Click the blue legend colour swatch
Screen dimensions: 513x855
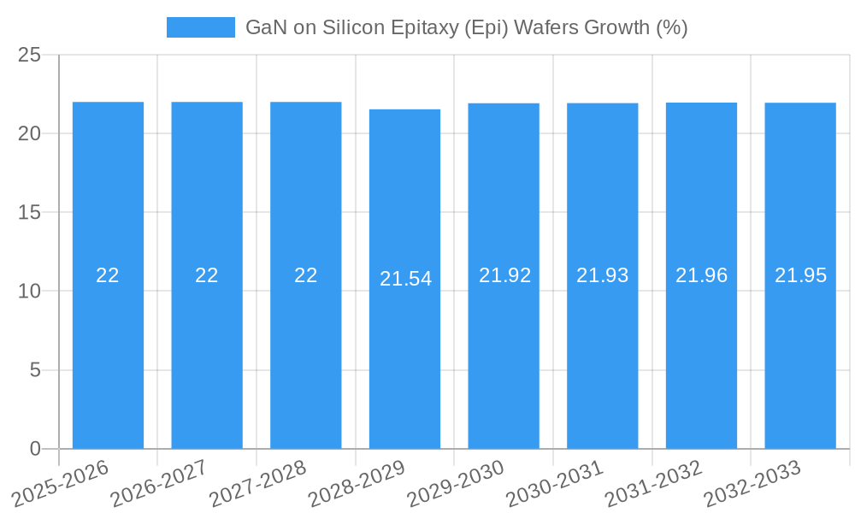(x=200, y=27)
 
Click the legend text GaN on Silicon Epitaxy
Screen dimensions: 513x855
(x=466, y=27)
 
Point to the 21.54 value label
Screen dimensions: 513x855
(x=405, y=279)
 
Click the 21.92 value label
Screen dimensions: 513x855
(x=504, y=275)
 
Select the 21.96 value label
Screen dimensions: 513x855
(x=701, y=275)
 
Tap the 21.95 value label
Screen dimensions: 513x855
(x=800, y=275)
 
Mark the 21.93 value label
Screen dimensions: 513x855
(x=602, y=275)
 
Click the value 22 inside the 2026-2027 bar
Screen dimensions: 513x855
(x=206, y=275)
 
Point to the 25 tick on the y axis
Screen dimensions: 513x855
(x=29, y=55)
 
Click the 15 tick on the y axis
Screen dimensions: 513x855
(x=29, y=212)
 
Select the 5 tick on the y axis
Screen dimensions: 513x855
(x=35, y=370)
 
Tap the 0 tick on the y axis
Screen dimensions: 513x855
(x=35, y=449)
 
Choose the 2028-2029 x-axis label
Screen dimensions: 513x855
(x=357, y=483)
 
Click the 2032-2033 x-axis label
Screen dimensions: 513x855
(x=752, y=483)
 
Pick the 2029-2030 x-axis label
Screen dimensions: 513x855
(x=456, y=483)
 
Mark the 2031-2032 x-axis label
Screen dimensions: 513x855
(x=653, y=483)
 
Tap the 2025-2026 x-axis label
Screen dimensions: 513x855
(x=61, y=483)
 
